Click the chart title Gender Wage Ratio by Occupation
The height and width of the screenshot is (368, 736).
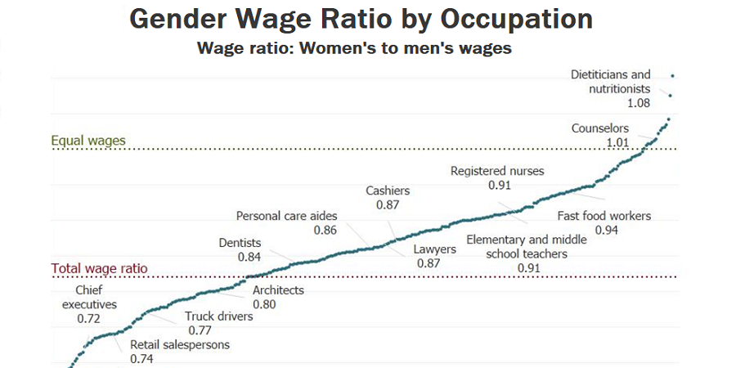coord(361,19)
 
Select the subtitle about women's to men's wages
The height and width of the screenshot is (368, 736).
coord(354,48)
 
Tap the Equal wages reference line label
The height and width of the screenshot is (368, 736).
coord(88,141)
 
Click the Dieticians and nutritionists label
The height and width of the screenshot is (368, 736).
coord(611,82)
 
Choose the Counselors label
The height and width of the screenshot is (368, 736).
coord(600,128)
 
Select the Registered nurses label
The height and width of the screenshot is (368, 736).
coord(497,171)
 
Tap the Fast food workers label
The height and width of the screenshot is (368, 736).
coord(604,216)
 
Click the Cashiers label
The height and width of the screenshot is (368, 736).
coord(388,191)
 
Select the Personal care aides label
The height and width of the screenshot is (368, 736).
coord(286,216)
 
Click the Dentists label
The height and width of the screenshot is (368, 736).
coord(240,242)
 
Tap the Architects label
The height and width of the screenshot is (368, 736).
coord(278,290)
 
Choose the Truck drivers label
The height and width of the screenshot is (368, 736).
coord(218,316)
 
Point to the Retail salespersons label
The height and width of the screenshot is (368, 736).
coord(180,344)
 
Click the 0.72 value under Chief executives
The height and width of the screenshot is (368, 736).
coord(89,318)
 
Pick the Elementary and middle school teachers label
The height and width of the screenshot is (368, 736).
coord(527,247)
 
